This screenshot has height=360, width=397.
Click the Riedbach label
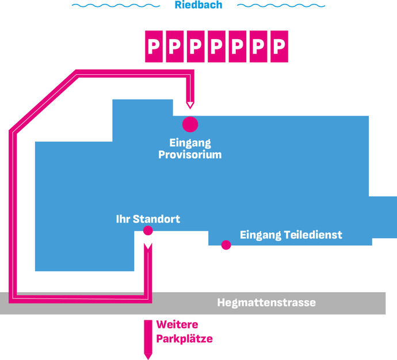coord(199,5)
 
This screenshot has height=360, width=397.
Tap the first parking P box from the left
coord(154,47)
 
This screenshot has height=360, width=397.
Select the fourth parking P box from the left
coord(216,47)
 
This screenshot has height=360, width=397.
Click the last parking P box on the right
coord(279,47)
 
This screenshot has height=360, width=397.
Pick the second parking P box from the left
coord(175,47)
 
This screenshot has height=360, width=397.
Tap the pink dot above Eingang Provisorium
coord(190,124)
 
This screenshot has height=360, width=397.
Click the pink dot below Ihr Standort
coord(148,231)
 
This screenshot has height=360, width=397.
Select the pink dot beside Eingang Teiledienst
coord(226,244)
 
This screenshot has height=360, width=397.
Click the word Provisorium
coord(190,155)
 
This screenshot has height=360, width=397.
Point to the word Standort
coord(156,219)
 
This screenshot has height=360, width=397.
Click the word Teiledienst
coord(313,235)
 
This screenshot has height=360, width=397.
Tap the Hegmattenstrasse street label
coord(266,302)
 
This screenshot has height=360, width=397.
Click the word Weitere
coord(177,324)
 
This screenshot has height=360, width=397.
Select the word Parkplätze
coord(184,339)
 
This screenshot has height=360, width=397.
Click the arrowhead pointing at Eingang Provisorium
coord(190,105)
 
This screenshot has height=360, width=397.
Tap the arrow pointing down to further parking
coord(148,340)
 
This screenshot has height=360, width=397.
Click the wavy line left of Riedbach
coord(116,5)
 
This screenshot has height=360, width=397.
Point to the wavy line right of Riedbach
coord(281,5)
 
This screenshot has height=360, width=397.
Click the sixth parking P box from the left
coord(258,47)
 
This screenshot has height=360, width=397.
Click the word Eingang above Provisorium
coord(190,143)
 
